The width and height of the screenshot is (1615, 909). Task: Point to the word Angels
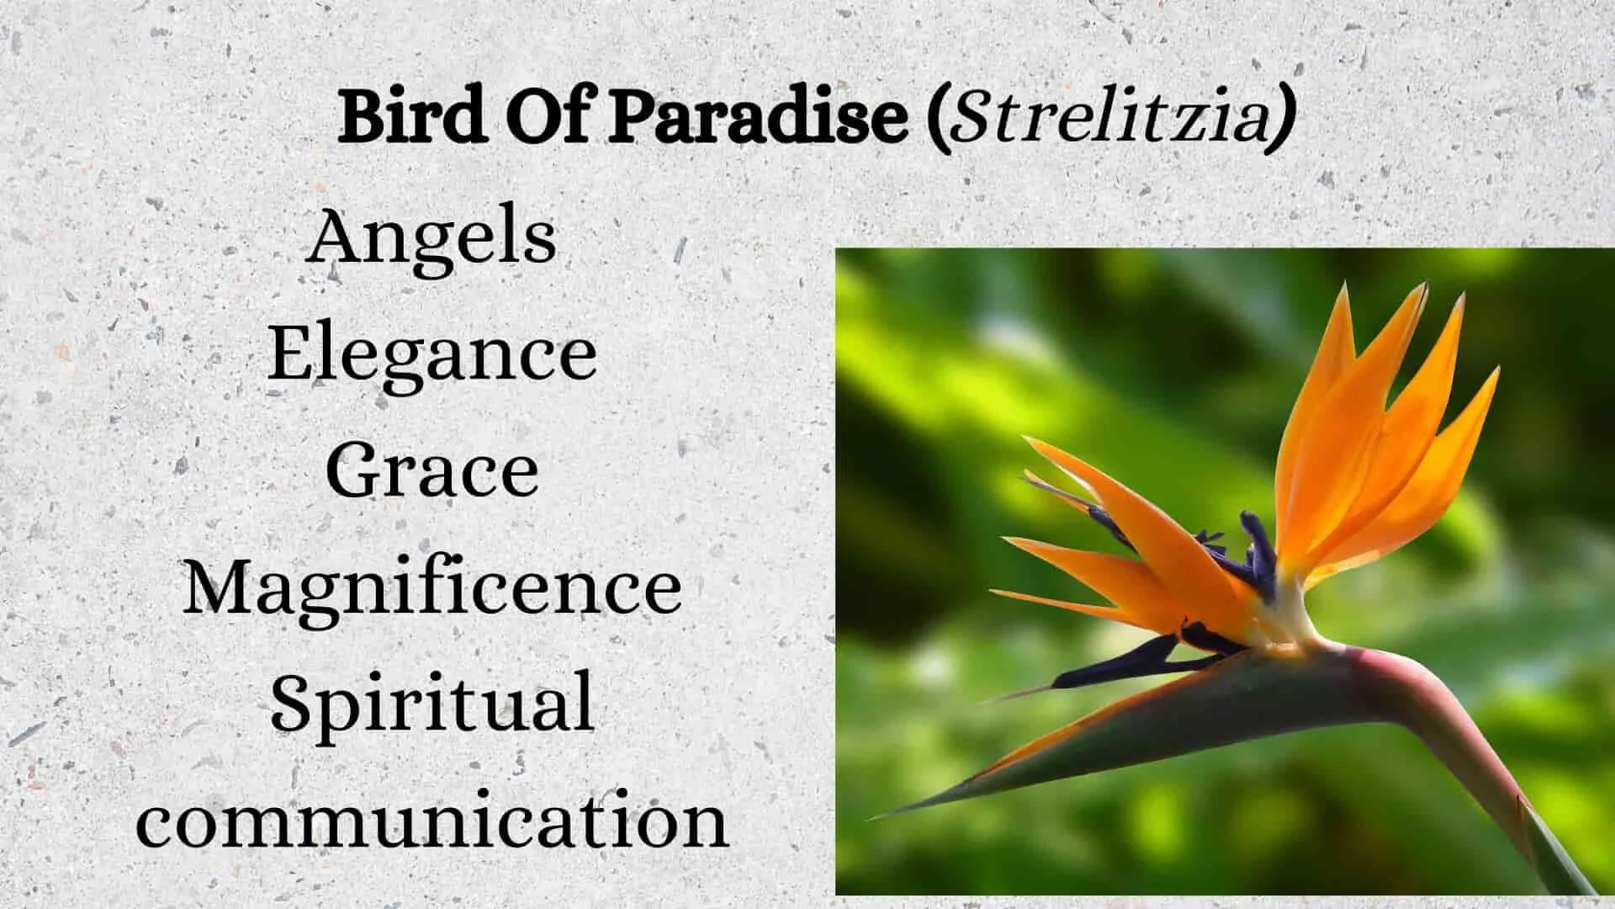[432, 237]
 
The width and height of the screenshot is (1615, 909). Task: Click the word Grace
[432, 471]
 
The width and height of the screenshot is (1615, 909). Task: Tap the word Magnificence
[432, 587]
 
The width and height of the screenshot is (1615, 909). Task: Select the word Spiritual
[432, 705]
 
